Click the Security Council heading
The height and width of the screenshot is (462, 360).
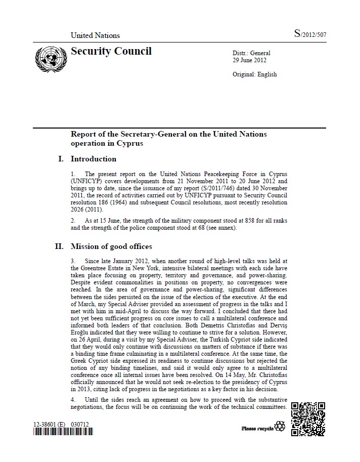(x=111, y=51)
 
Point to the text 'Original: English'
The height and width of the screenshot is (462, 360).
(x=254, y=74)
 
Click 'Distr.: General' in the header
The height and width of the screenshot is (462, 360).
(x=251, y=53)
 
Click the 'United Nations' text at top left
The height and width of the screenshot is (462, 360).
(x=95, y=35)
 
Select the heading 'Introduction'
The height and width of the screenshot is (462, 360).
(x=94, y=159)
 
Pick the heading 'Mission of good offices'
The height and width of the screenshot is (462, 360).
(x=111, y=247)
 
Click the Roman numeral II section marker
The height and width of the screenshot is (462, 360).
(x=59, y=247)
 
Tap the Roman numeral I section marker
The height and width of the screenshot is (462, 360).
(x=61, y=159)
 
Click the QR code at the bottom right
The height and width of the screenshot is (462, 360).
(x=308, y=419)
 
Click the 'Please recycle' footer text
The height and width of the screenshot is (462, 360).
(x=257, y=429)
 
